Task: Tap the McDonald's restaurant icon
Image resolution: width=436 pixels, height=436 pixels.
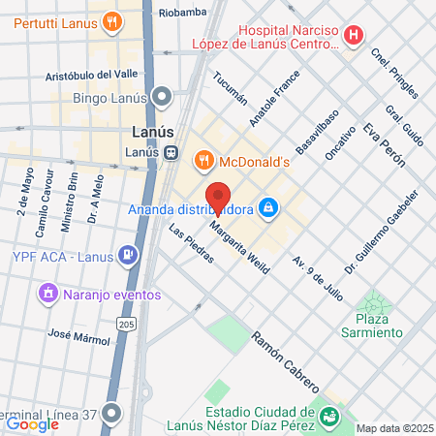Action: [203, 161]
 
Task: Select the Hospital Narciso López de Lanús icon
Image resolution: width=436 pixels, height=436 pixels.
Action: [355, 36]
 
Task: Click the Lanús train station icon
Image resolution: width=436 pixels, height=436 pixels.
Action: [170, 152]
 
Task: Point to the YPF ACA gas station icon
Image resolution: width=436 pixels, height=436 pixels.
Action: [127, 256]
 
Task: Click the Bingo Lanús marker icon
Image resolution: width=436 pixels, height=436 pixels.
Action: [162, 96]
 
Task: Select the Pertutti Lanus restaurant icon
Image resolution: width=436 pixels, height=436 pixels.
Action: [113, 19]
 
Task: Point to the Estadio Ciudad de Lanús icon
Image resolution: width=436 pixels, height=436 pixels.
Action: [329, 418]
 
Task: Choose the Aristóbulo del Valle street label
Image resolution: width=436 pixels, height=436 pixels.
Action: [93, 77]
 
